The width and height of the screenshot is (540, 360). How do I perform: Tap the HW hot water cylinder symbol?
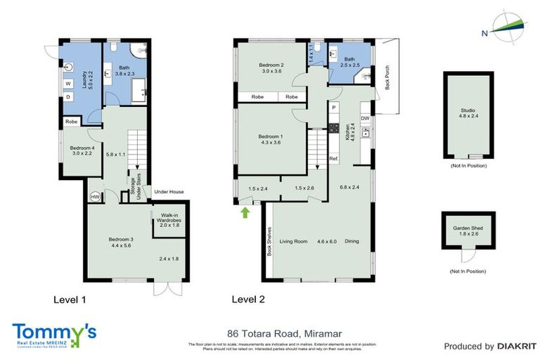point(95,198)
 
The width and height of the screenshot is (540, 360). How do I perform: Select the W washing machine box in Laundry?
point(68,83)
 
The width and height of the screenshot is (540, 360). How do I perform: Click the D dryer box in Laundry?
point(68,97)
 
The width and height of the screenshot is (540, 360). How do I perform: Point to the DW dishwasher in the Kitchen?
point(365,118)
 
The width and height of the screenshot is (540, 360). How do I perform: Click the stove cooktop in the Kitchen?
point(334,129)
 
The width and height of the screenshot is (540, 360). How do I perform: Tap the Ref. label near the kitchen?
point(334,159)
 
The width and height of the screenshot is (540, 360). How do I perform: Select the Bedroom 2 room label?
point(271,67)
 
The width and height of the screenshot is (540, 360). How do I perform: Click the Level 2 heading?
point(248,300)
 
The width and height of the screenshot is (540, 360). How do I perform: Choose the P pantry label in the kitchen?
point(334,108)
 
